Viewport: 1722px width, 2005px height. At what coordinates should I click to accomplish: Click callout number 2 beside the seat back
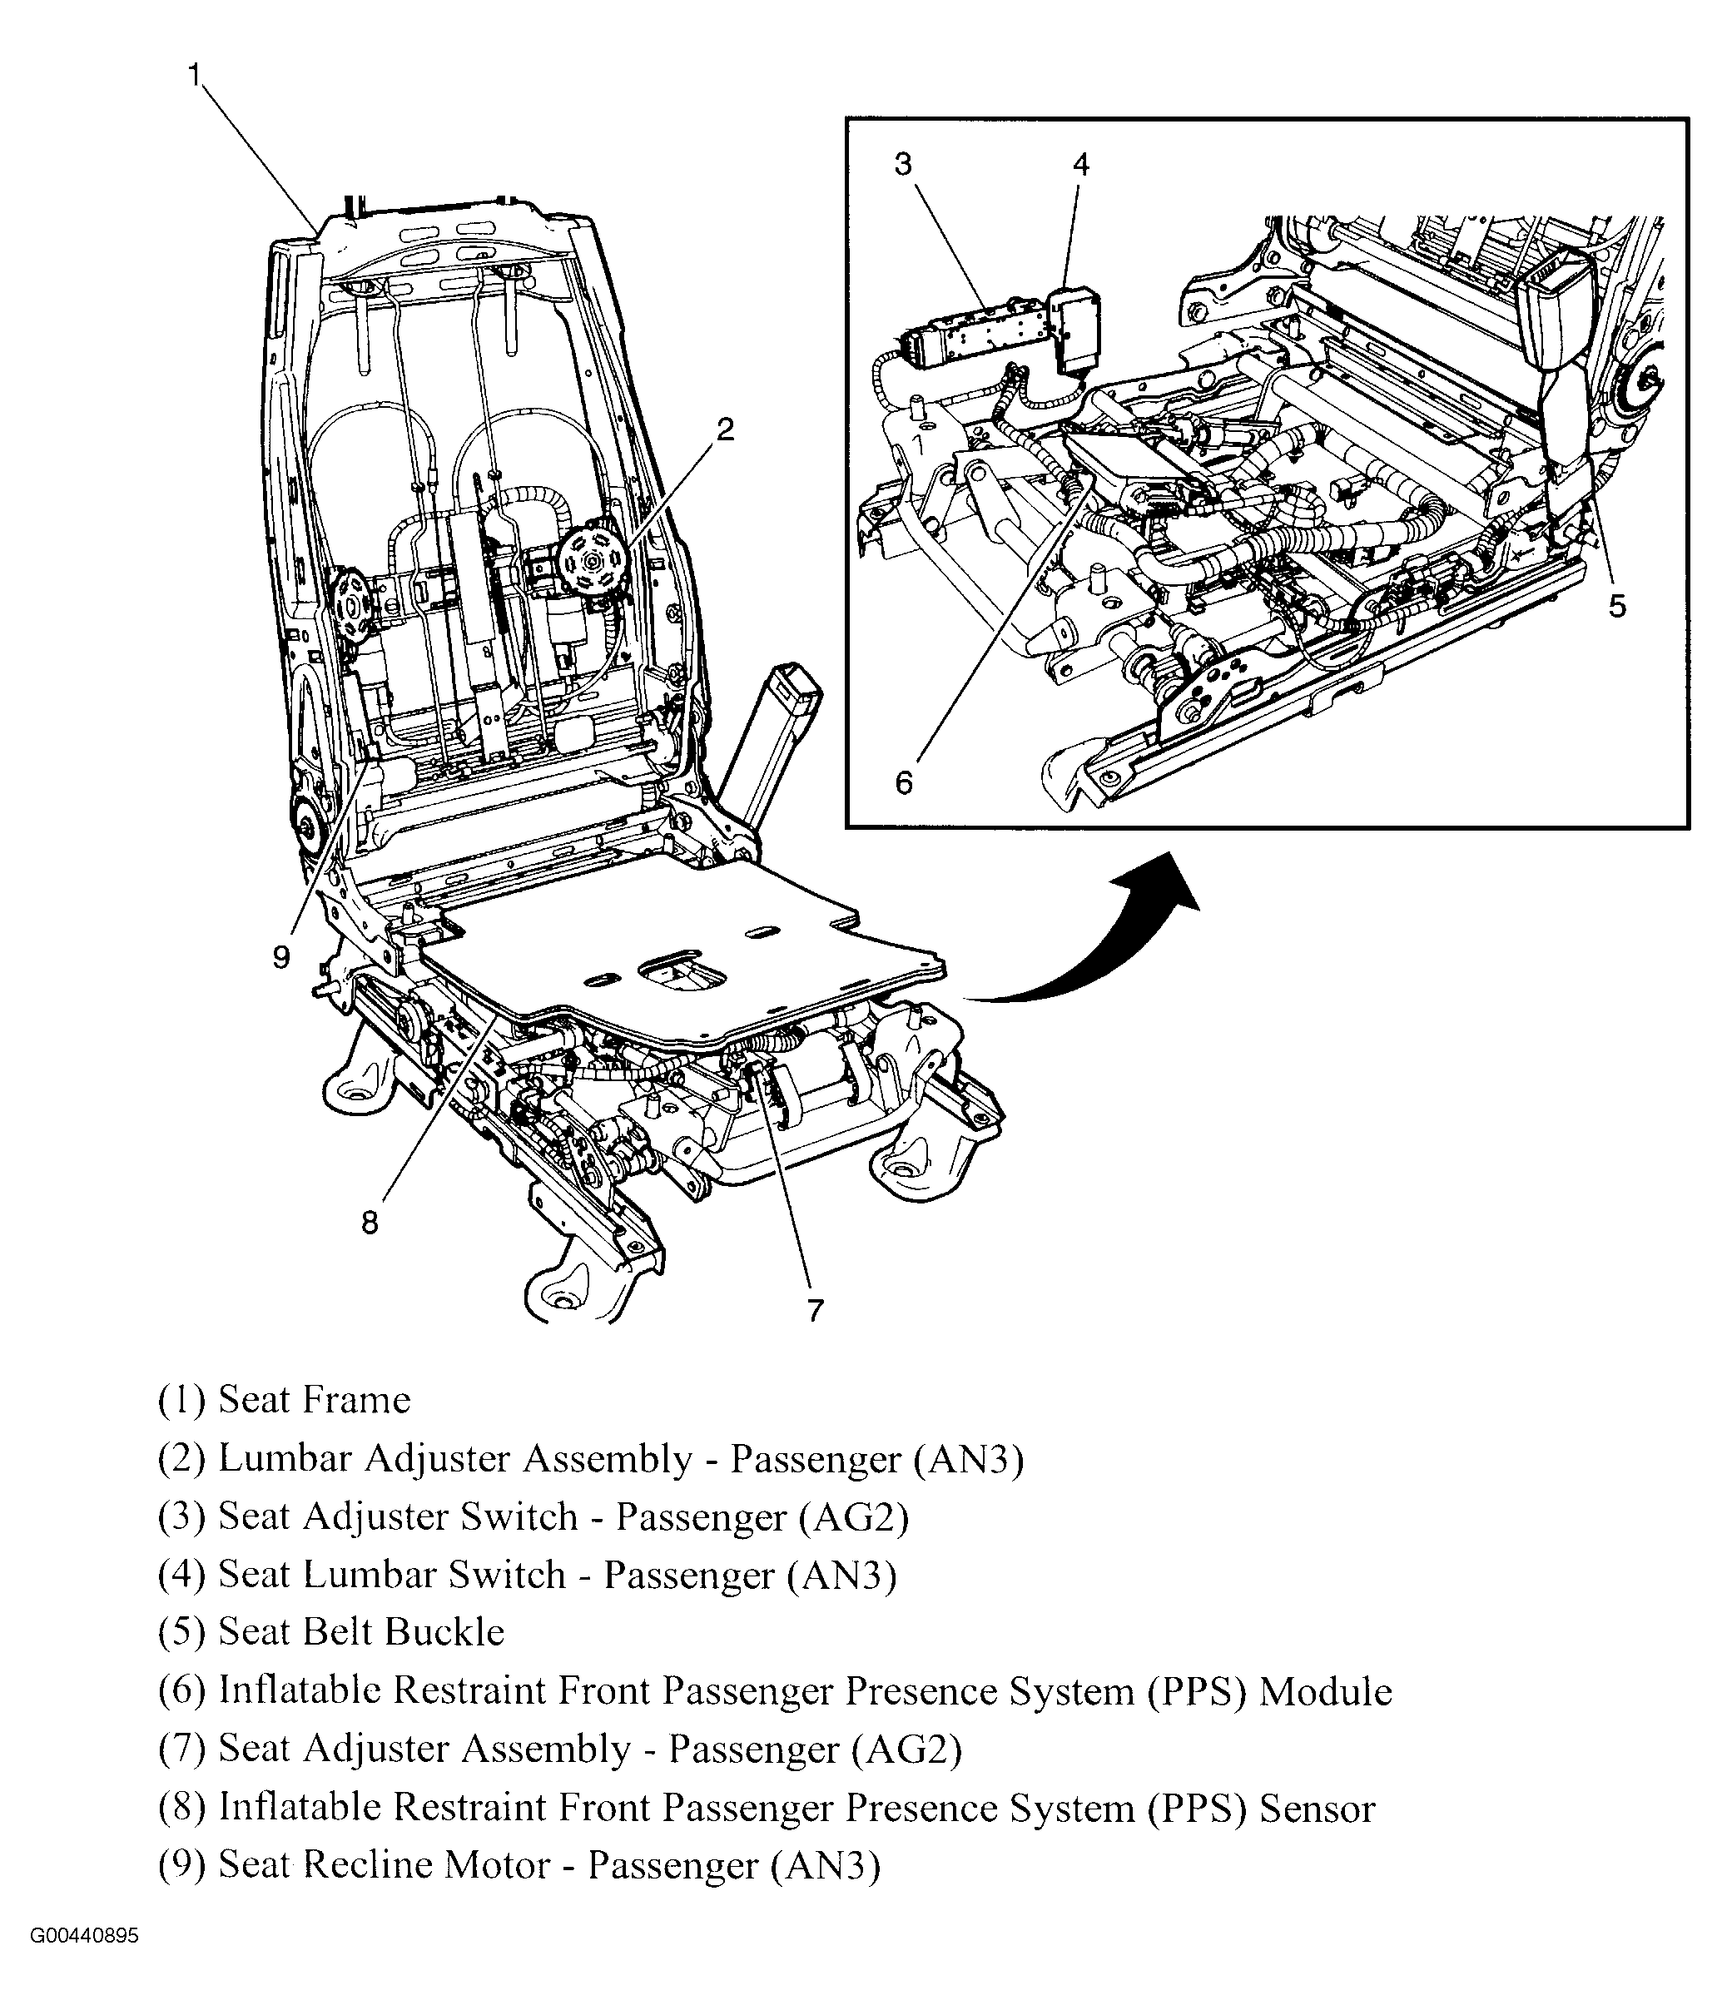pyautogui.click(x=725, y=429)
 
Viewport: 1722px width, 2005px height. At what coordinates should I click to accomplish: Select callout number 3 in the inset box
pyautogui.click(x=902, y=165)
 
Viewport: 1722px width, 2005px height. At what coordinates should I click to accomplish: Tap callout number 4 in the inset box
pyautogui.click(x=1080, y=165)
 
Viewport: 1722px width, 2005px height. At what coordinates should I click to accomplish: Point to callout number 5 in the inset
pyautogui.click(x=1616, y=607)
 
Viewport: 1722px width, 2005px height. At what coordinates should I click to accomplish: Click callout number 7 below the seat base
pyautogui.click(x=816, y=1310)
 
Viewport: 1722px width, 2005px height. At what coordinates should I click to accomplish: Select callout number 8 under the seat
pyautogui.click(x=370, y=1223)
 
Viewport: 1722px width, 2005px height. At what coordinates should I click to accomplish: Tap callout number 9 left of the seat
pyautogui.click(x=280, y=957)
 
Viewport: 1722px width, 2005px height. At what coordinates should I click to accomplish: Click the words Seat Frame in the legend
pyautogui.click(x=315, y=1400)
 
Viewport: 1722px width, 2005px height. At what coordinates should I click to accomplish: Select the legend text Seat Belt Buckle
pyautogui.click(x=361, y=1632)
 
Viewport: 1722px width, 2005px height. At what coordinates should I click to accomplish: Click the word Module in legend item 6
pyautogui.click(x=1324, y=1690)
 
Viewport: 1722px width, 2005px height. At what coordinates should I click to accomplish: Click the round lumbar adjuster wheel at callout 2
pyautogui.click(x=590, y=558)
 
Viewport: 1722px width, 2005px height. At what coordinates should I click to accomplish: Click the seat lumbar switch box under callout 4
pyautogui.click(x=1074, y=329)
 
